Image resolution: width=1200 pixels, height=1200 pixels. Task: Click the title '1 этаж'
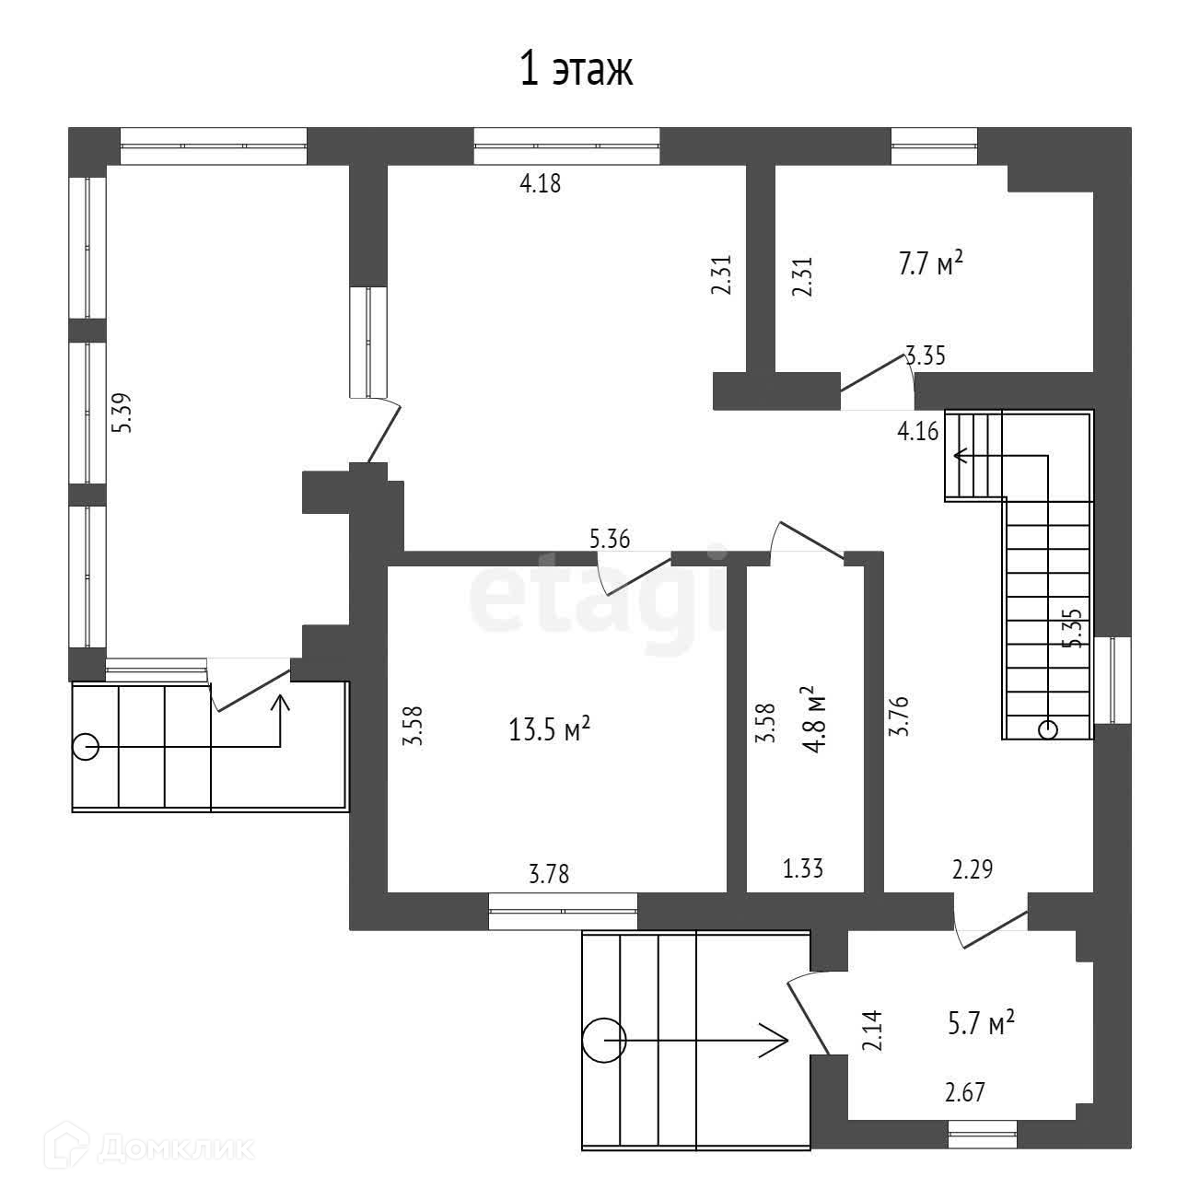[577, 70]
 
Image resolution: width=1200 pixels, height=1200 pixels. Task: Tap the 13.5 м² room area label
[549, 729]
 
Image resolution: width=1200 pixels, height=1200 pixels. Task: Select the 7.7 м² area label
[930, 265]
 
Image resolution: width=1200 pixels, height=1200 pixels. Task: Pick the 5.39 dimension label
[122, 414]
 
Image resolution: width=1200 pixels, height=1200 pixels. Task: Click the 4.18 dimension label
[541, 183]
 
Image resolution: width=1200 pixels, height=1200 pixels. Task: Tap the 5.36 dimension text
[610, 539]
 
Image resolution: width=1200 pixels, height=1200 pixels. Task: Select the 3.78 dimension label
[549, 873]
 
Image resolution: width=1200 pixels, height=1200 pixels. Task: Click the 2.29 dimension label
[973, 868]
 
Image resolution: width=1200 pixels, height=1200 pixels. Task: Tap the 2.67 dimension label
[965, 1093]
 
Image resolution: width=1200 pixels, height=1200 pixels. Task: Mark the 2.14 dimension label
[871, 1031]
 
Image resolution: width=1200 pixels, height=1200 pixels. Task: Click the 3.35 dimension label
[926, 355]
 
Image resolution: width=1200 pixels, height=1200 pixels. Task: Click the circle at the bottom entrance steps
[604, 1042]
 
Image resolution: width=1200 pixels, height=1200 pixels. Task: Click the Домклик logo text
[175, 1148]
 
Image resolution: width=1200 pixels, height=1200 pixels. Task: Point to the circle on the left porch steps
[86, 746]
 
